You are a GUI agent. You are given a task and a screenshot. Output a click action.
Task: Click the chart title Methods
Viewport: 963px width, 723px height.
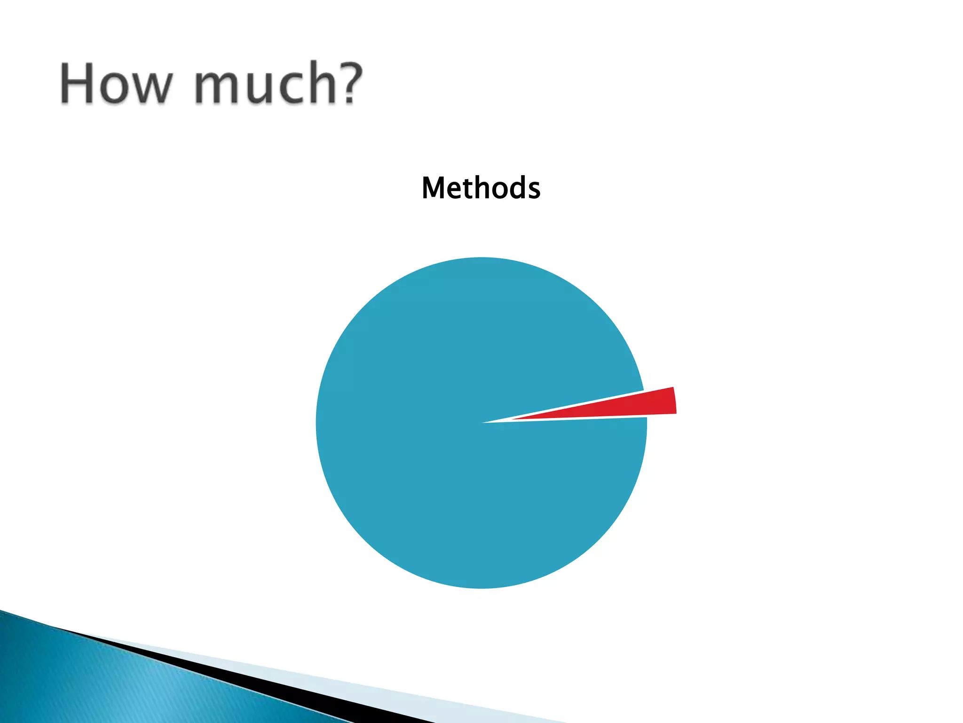click(x=481, y=188)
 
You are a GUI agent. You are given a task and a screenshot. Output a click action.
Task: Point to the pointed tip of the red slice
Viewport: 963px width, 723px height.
click(x=515, y=418)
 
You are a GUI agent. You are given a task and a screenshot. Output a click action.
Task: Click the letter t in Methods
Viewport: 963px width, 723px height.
click(x=465, y=188)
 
